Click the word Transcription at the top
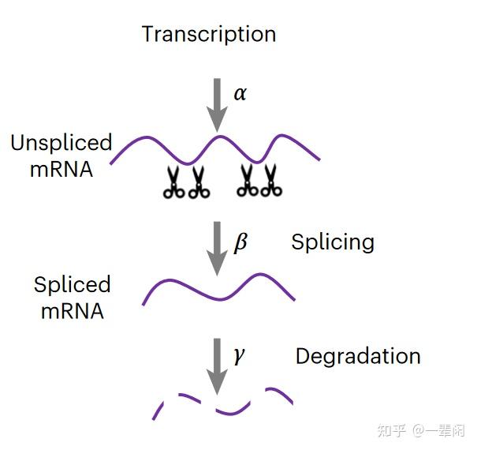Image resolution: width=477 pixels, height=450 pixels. tap(209, 35)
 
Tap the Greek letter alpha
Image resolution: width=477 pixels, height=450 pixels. tap(240, 93)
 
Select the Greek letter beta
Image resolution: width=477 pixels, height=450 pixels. tap(240, 242)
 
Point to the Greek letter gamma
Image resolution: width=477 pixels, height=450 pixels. tap(239, 354)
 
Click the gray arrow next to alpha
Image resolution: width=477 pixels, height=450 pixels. tap(216, 101)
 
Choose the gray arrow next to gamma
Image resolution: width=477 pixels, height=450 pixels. tap(216, 364)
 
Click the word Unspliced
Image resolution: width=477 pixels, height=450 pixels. tap(61, 143)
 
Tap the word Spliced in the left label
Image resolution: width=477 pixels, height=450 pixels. tap(72, 284)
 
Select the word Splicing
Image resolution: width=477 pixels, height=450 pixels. tap(332, 242)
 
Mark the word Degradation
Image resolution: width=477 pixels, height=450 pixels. tap(358, 356)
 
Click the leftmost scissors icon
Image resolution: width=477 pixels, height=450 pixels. tap(173, 182)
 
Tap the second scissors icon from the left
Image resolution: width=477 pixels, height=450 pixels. tap(198, 182)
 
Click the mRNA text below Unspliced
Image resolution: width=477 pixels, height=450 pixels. tap(60, 169)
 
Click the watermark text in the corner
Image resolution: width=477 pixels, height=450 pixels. tap(422, 430)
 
